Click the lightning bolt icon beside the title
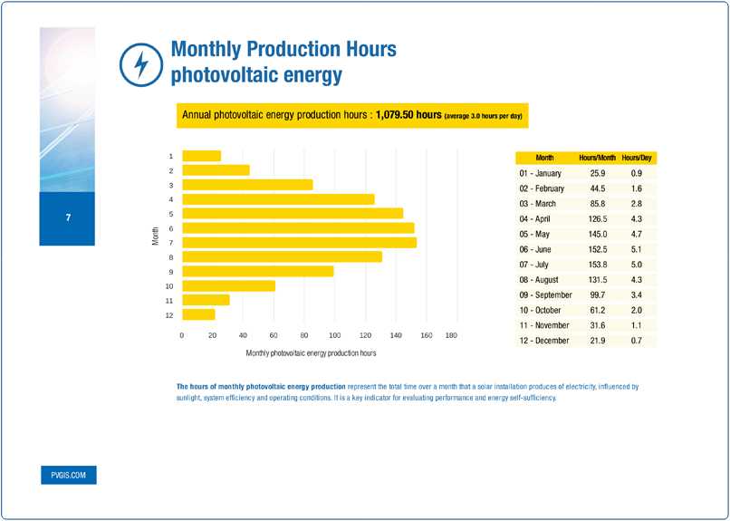click(140, 63)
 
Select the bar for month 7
click(299, 242)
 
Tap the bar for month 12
click(198, 314)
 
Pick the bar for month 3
click(247, 185)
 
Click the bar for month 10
click(228, 285)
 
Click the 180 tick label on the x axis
click(451, 335)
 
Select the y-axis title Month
click(156, 236)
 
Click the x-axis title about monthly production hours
click(311, 352)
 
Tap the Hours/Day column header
click(638, 158)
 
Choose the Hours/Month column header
click(597, 158)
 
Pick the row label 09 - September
click(545, 294)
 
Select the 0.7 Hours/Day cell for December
click(636, 341)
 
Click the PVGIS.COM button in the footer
click(68, 476)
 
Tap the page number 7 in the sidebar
click(67, 218)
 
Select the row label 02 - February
click(542, 188)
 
